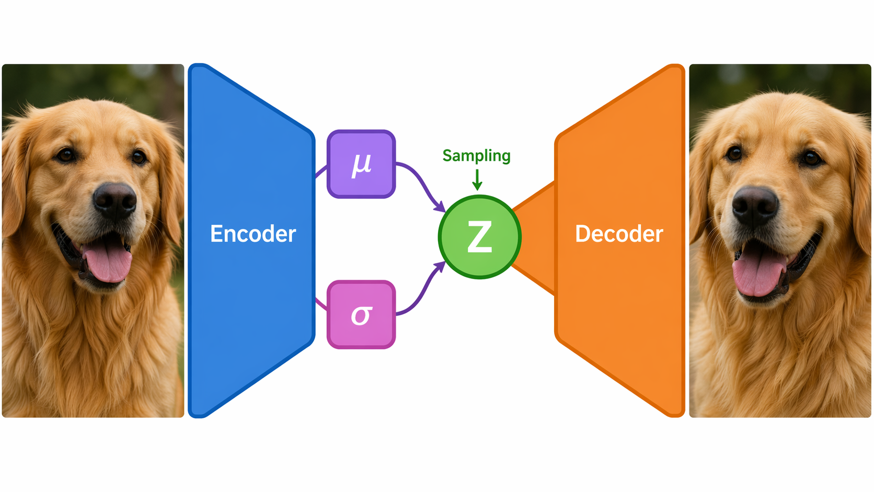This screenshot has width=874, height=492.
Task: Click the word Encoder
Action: (253, 234)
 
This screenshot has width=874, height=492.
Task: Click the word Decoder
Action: (619, 234)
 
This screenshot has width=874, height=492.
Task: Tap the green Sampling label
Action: (476, 156)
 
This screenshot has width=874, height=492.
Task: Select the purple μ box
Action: (361, 164)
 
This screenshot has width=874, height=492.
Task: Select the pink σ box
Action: (361, 314)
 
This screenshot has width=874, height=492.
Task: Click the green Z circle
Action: (479, 237)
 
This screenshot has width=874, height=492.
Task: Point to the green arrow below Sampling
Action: (477, 180)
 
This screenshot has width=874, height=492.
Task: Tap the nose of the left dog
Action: (114, 201)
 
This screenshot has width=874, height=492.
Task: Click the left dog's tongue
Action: (107, 259)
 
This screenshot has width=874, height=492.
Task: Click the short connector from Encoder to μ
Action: (321, 171)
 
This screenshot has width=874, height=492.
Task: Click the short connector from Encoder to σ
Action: (321, 304)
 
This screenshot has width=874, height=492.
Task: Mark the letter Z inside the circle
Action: (479, 236)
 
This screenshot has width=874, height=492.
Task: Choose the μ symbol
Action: (361, 165)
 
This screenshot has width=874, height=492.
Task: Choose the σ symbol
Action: (361, 315)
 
